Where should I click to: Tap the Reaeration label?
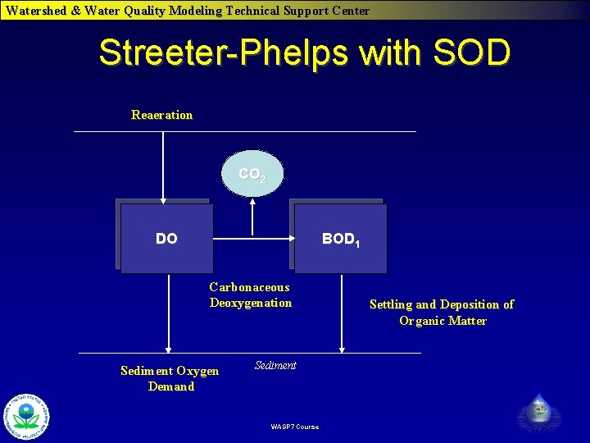(161, 115)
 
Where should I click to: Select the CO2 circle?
(252, 174)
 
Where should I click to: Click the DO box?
(166, 238)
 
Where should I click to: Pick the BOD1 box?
(340, 238)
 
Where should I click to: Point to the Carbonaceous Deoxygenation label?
(250, 295)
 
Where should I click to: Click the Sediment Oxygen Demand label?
(170, 379)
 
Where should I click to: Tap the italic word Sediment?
(275, 365)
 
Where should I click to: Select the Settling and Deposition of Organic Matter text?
(442, 313)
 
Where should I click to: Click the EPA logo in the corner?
(27, 416)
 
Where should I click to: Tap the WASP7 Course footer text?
(294, 427)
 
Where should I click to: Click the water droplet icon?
(539, 411)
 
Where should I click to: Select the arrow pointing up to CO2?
(253, 217)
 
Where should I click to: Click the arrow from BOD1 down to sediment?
(342, 312)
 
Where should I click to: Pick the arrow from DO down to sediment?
(167, 312)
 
